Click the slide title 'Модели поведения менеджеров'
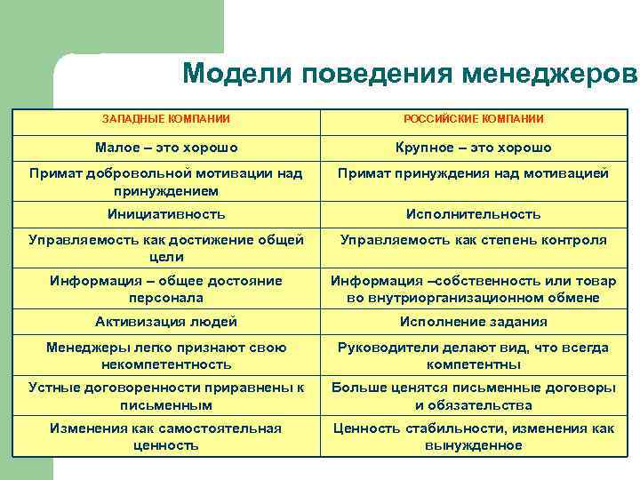(410, 74)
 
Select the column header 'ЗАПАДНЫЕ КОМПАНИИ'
(166, 118)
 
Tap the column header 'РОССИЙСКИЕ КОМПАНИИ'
(473, 118)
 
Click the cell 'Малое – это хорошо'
(166, 148)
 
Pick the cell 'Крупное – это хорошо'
(473, 148)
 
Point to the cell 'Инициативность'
(166, 214)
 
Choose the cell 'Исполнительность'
(473, 214)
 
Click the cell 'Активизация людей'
(166, 322)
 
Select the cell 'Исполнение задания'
(473, 322)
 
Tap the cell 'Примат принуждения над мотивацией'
(473, 173)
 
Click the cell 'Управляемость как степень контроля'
(473, 240)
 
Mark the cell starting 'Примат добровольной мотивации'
(166, 181)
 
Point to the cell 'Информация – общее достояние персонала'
(166, 289)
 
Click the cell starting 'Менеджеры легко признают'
(166, 356)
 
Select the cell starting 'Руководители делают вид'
(473, 356)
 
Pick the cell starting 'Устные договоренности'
(166, 396)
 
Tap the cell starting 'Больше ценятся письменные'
(473, 396)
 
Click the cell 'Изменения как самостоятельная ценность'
(166, 436)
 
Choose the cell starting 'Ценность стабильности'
(473, 436)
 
